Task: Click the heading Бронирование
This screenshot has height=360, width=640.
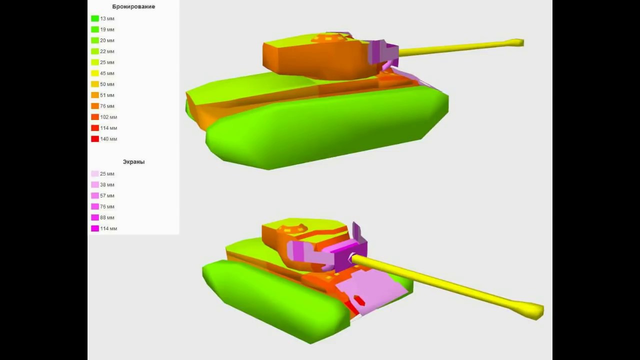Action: click(133, 6)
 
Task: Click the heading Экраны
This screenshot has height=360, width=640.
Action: click(133, 162)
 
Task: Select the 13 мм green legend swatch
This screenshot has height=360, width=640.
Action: click(95, 18)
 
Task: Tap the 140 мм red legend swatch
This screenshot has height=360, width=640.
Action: click(95, 139)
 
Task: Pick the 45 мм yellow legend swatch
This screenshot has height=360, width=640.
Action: click(95, 73)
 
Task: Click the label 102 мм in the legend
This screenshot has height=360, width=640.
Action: click(108, 117)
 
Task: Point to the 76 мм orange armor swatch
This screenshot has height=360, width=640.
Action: click(95, 106)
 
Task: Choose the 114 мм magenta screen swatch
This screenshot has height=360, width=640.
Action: click(95, 228)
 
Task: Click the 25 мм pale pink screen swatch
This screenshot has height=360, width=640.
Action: click(95, 173)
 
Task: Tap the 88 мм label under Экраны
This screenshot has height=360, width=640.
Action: click(107, 217)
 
